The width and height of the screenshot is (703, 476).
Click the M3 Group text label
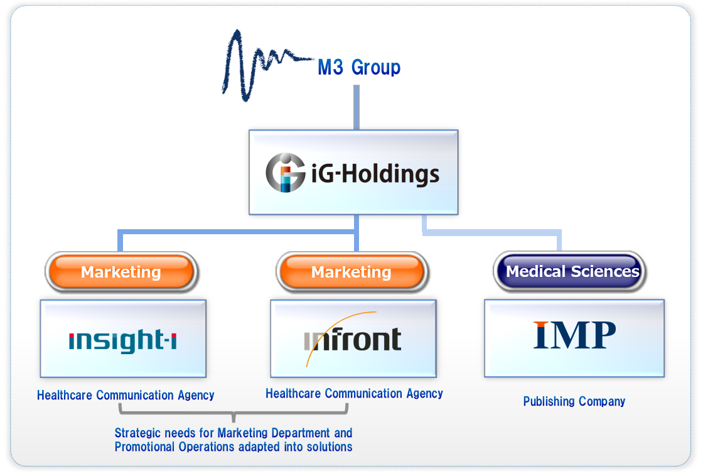(359, 67)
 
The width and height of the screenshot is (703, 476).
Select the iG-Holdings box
(353, 172)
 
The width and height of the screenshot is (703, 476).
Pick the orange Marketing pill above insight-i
(121, 272)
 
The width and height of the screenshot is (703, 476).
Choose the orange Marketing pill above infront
(351, 272)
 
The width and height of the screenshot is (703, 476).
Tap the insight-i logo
(122, 340)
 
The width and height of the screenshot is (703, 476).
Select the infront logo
(353, 340)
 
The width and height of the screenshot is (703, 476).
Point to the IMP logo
(574, 335)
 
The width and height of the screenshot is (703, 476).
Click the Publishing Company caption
(574, 401)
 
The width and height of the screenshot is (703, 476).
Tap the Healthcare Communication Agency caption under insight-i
(126, 395)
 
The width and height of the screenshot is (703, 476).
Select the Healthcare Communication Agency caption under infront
(354, 394)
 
